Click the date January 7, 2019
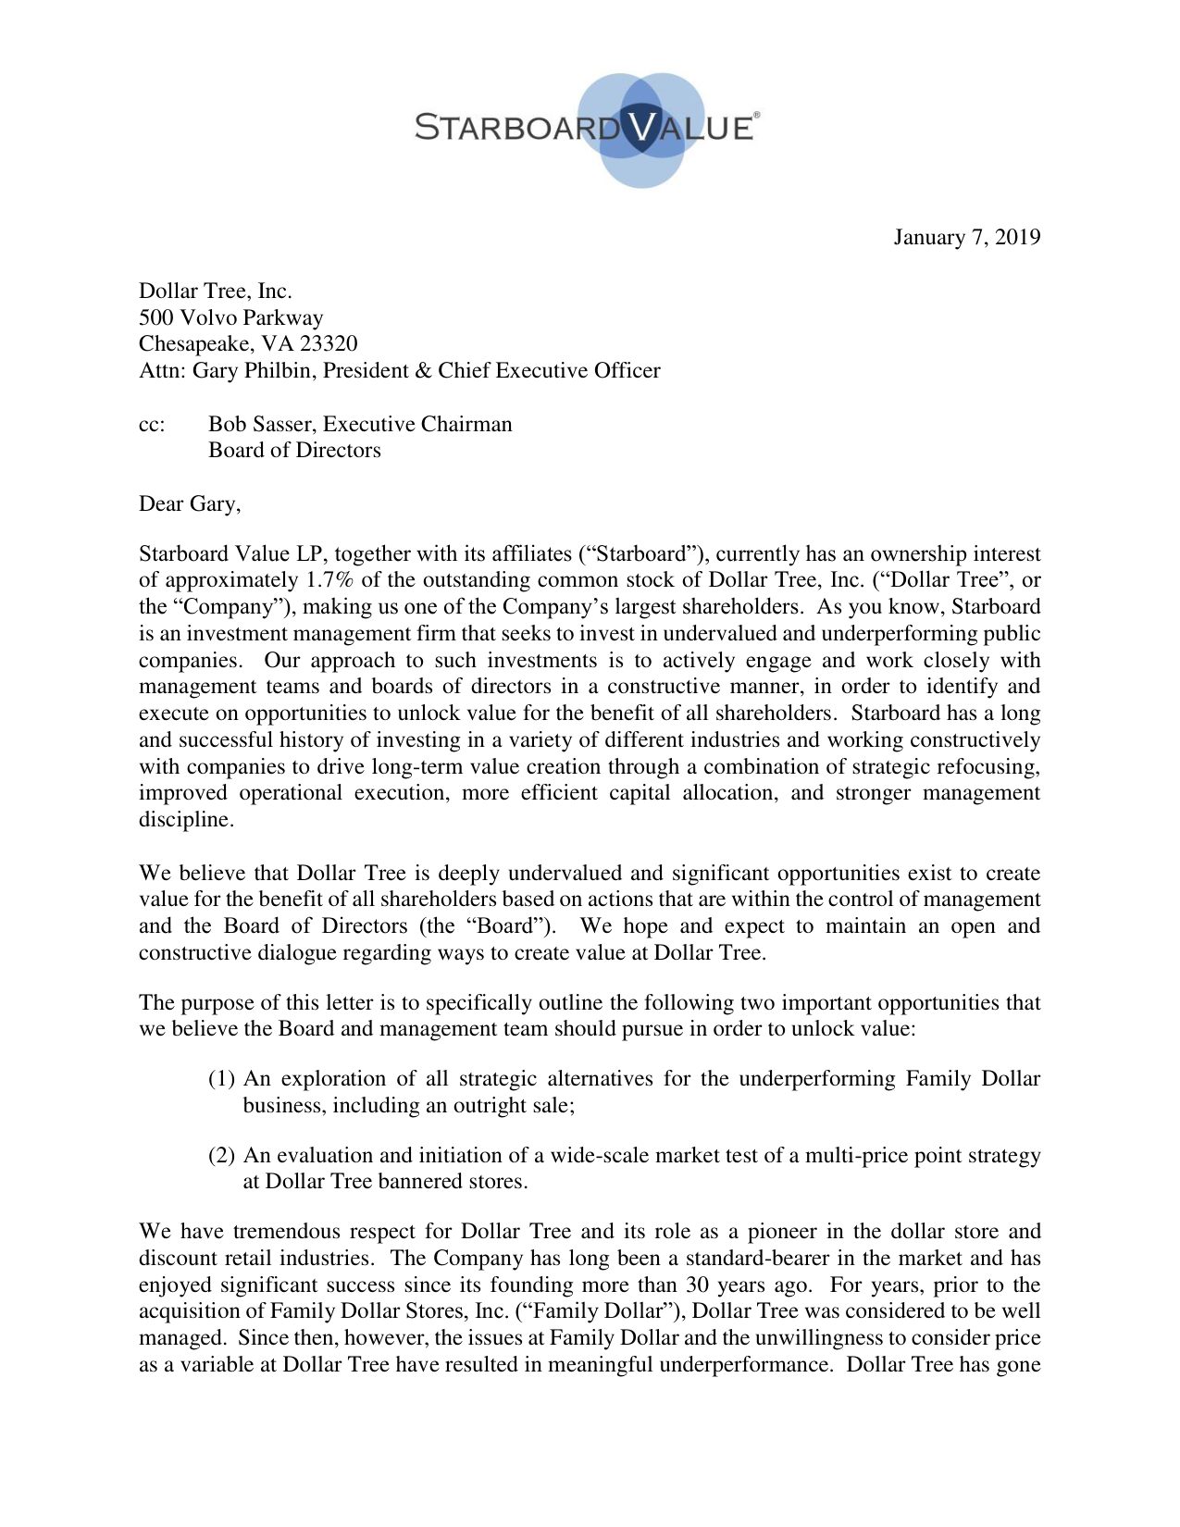[966, 238]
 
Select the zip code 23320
[329, 344]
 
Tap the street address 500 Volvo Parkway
[230, 317]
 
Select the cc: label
[152, 425]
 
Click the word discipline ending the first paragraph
[183, 820]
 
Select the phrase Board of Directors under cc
[294, 451]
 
